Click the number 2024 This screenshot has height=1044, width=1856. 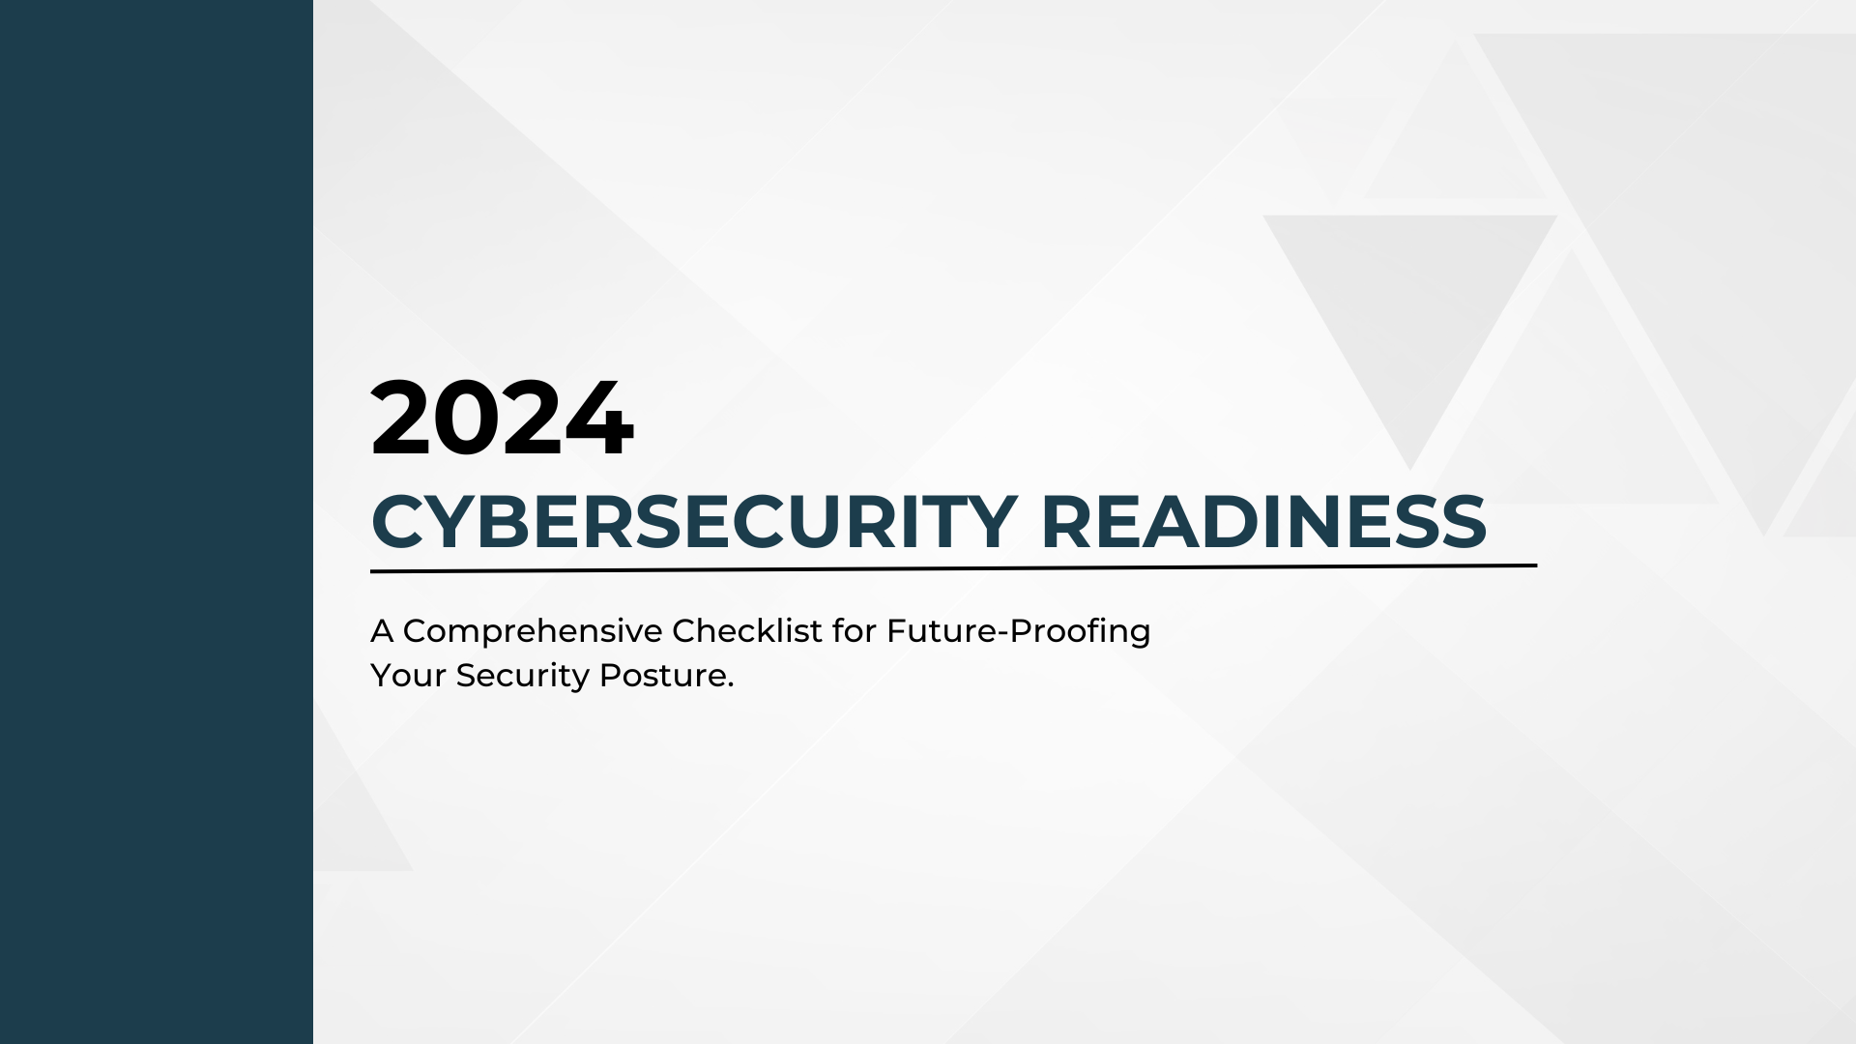pyautogui.click(x=502, y=420)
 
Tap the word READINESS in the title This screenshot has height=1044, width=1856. pyautogui.click(x=1263, y=522)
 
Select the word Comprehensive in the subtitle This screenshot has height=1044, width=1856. pyautogui.click(x=533, y=631)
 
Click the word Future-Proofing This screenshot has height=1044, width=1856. pyautogui.click(x=1019, y=632)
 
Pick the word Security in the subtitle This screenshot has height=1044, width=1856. pyautogui.click(x=522, y=676)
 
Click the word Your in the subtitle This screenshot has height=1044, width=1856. pyautogui.click(x=408, y=676)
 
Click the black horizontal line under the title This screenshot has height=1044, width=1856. pyautogui.click(x=953, y=568)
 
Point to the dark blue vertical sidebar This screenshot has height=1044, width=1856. pyautogui.click(x=156, y=522)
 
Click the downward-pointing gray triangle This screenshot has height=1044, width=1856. pyautogui.click(x=1410, y=309)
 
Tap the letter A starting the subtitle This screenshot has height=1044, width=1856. pyautogui.click(x=382, y=631)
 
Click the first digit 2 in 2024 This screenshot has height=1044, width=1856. pyautogui.click(x=401, y=420)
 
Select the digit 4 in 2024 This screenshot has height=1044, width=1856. pyautogui.click(x=601, y=420)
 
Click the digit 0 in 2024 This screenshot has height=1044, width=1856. pyautogui.click(x=467, y=420)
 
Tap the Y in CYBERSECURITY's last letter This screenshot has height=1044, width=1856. pyautogui.click(x=992, y=522)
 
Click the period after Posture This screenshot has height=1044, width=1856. pyautogui.click(x=731, y=685)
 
